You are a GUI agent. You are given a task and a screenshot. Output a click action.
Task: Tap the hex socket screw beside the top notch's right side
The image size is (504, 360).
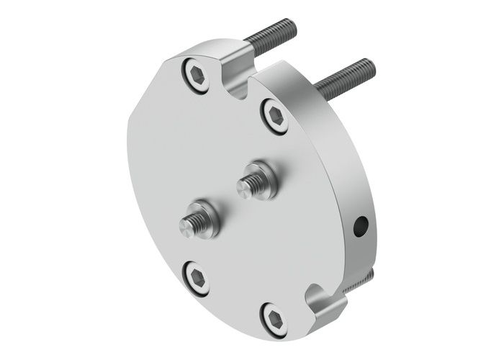[275, 116]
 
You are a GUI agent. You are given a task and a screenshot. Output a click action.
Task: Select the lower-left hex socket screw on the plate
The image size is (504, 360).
[196, 276]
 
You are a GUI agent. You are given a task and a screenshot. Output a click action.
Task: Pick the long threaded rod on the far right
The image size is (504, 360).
[346, 77]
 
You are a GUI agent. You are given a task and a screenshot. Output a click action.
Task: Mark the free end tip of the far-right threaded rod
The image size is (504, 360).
[371, 64]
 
